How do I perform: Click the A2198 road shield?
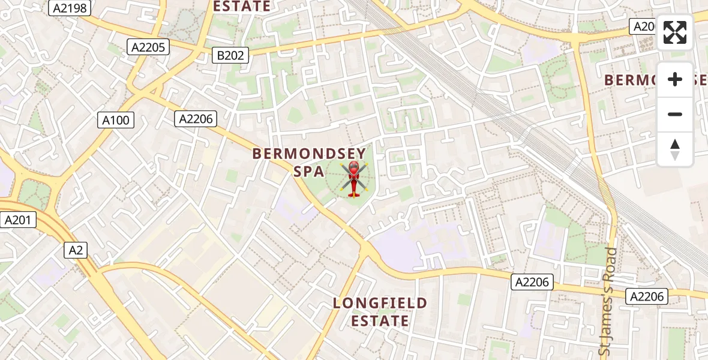70,8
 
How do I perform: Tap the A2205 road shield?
148,47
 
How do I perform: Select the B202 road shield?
230,56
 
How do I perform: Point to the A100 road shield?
116,120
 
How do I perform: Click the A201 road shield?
17,220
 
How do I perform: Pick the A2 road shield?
76,250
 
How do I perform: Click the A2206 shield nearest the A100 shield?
196,119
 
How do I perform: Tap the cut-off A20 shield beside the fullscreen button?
643,26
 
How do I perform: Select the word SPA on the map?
309,172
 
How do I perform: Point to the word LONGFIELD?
380,304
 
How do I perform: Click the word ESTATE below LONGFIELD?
380,321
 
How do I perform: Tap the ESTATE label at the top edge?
242,7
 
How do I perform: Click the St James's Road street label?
607,300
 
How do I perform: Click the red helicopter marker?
353,179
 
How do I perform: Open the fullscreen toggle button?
675,32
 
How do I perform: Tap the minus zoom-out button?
675,114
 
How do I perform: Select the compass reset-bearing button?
675,149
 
